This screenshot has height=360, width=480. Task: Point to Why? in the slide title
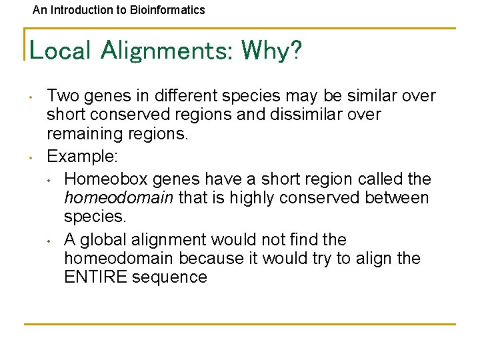tap(271, 50)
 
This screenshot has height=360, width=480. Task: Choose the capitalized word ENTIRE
tap(95, 277)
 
